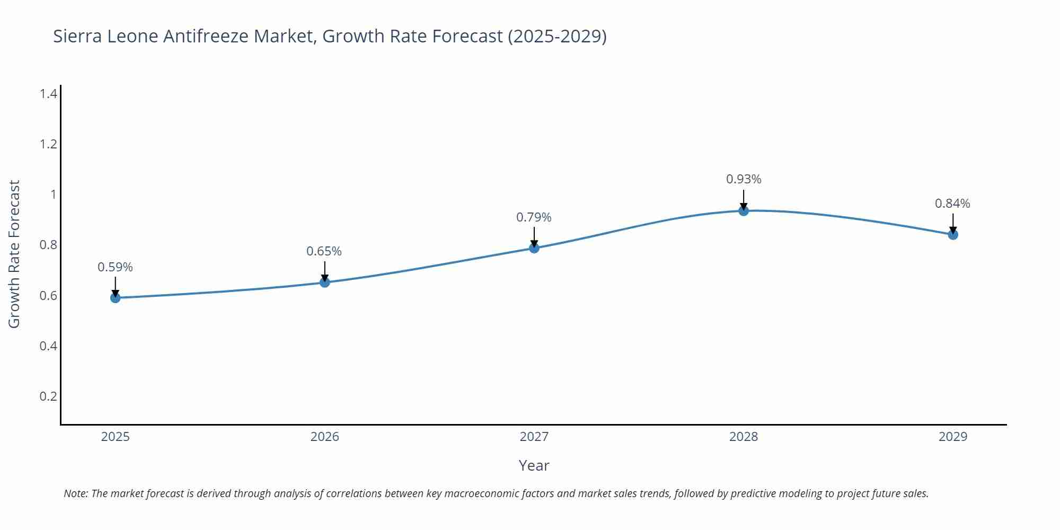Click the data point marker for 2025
(x=115, y=298)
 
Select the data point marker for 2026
(x=325, y=282)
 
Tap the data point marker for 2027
(x=534, y=248)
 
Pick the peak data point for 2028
(x=744, y=211)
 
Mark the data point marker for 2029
(x=953, y=235)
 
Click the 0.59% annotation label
(x=115, y=268)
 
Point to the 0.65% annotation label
(x=324, y=252)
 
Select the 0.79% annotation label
(x=534, y=217)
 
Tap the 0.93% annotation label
(x=744, y=180)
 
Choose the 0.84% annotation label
(x=952, y=204)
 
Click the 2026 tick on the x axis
(x=325, y=437)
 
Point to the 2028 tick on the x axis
(x=744, y=437)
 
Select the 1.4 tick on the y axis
(x=49, y=94)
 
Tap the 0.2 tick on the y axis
(x=49, y=396)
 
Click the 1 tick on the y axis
(x=53, y=195)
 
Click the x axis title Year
(x=534, y=466)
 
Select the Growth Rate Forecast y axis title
(x=14, y=254)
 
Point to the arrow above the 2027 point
(x=534, y=237)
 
